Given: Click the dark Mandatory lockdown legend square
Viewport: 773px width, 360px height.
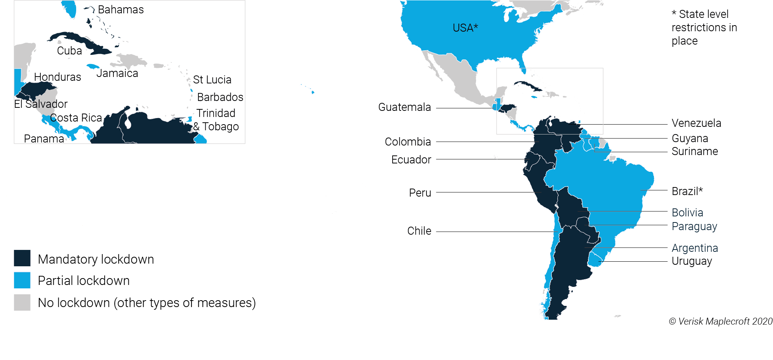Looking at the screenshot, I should [x=22, y=258].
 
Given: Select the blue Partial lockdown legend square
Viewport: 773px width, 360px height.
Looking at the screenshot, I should [x=22, y=280].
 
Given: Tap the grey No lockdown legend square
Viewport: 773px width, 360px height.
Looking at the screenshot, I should [x=22, y=302].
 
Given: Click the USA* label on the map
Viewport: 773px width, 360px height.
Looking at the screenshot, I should [x=465, y=28].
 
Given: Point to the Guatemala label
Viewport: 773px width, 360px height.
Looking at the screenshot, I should [x=404, y=107].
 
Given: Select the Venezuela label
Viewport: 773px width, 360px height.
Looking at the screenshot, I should [x=696, y=123].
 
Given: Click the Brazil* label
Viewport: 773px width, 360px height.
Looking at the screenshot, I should [x=687, y=191].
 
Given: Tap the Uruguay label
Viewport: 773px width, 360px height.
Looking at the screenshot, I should [x=692, y=261].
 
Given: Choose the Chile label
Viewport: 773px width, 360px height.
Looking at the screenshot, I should [x=419, y=231].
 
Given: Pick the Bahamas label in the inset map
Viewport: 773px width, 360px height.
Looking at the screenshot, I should [x=121, y=10].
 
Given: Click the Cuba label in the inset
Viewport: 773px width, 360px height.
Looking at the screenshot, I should [x=69, y=51].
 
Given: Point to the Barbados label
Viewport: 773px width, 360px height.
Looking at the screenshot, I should [x=220, y=97].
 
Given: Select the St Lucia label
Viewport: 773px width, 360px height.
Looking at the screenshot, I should [x=212, y=80].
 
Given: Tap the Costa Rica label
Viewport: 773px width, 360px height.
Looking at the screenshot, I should [x=76, y=118].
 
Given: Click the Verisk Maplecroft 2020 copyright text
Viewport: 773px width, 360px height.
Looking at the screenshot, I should [x=720, y=321].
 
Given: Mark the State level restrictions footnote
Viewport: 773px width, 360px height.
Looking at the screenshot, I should [x=704, y=27].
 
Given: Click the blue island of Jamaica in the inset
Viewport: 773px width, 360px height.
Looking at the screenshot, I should [x=93, y=66].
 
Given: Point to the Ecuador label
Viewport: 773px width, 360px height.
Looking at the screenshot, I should [x=411, y=160].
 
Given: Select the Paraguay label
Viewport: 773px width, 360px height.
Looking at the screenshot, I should [x=694, y=226].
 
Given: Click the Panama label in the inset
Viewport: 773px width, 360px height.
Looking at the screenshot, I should [x=44, y=139].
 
